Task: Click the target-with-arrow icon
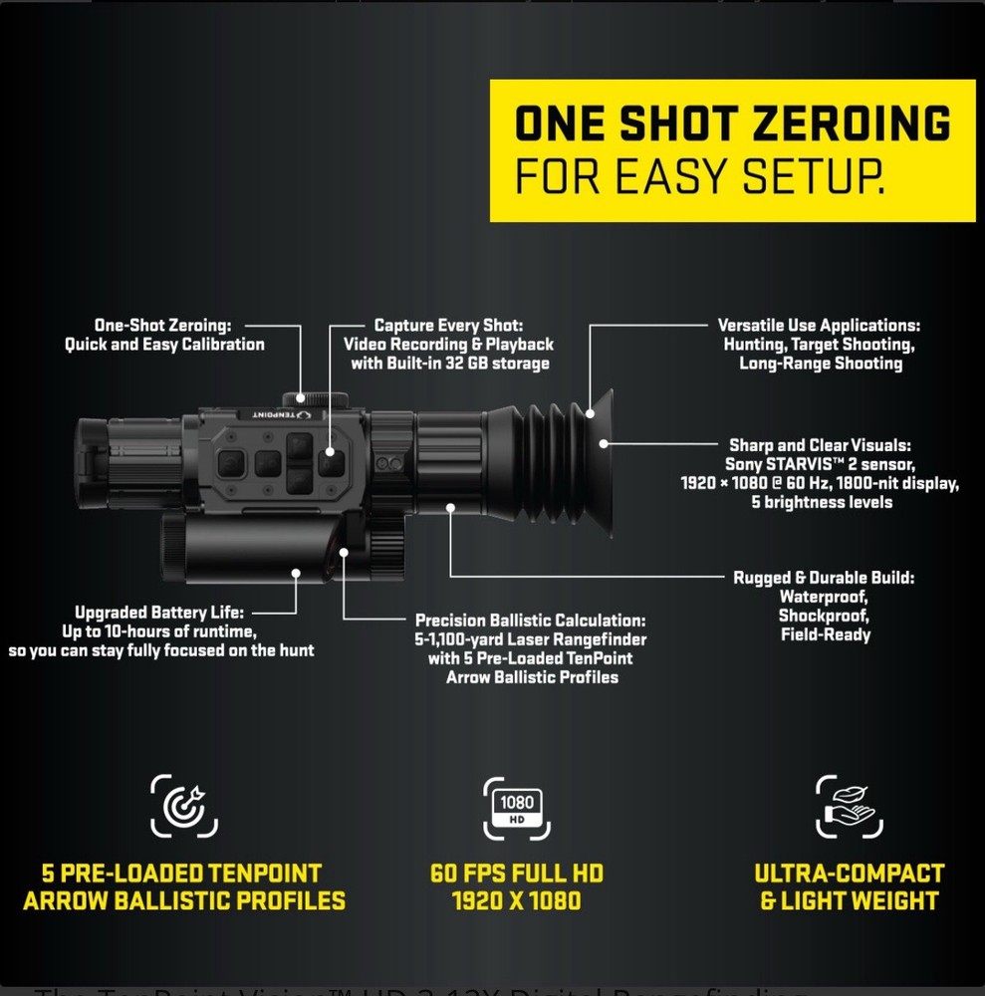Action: [183, 806]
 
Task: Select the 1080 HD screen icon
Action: [515, 808]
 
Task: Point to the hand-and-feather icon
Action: [848, 806]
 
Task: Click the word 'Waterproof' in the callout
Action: [824, 597]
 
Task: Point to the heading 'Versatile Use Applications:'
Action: [819, 326]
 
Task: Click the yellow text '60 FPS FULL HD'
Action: [516, 874]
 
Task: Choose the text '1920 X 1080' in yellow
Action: [516, 901]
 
